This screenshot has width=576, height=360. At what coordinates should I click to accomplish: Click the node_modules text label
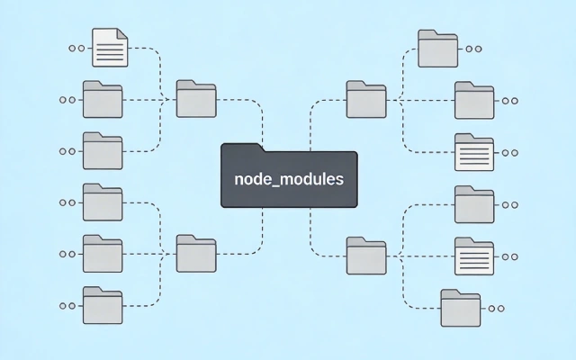pyautogui.click(x=288, y=178)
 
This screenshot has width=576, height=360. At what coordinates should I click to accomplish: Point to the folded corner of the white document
pyautogui.click(x=122, y=34)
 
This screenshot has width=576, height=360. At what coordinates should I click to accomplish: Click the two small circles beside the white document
pyautogui.click(x=76, y=47)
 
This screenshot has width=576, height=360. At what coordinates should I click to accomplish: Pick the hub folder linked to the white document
pyautogui.click(x=196, y=99)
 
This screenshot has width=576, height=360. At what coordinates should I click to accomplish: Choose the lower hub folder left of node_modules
pyautogui.click(x=196, y=253)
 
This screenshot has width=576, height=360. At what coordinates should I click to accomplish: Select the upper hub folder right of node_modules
pyautogui.click(x=365, y=99)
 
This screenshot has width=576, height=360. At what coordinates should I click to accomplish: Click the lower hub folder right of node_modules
pyautogui.click(x=365, y=255)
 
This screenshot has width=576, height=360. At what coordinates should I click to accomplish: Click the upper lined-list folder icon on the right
pyautogui.click(x=473, y=152)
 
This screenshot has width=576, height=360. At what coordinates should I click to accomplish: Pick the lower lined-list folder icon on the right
pyautogui.click(x=473, y=256)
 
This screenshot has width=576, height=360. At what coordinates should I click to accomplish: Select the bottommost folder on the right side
pyautogui.click(x=459, y=307)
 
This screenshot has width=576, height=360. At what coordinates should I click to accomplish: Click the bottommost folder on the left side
pyautogui.click(x=103, y=306)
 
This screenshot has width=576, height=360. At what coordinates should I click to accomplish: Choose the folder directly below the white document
pyautogui.click(x=103, y=99)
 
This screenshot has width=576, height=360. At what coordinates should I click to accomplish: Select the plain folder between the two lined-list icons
pyautogui.click(x=473, y=204)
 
